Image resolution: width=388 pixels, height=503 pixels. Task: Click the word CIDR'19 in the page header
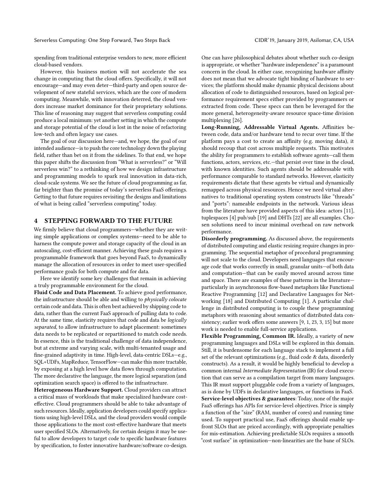click(x=265, y=40)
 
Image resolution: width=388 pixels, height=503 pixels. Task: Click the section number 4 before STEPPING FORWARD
click(x=36, y=221)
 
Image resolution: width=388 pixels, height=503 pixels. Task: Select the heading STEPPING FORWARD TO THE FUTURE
click(x=108, y=221)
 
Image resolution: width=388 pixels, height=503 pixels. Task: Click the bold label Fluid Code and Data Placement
click(x=75, y=292)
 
